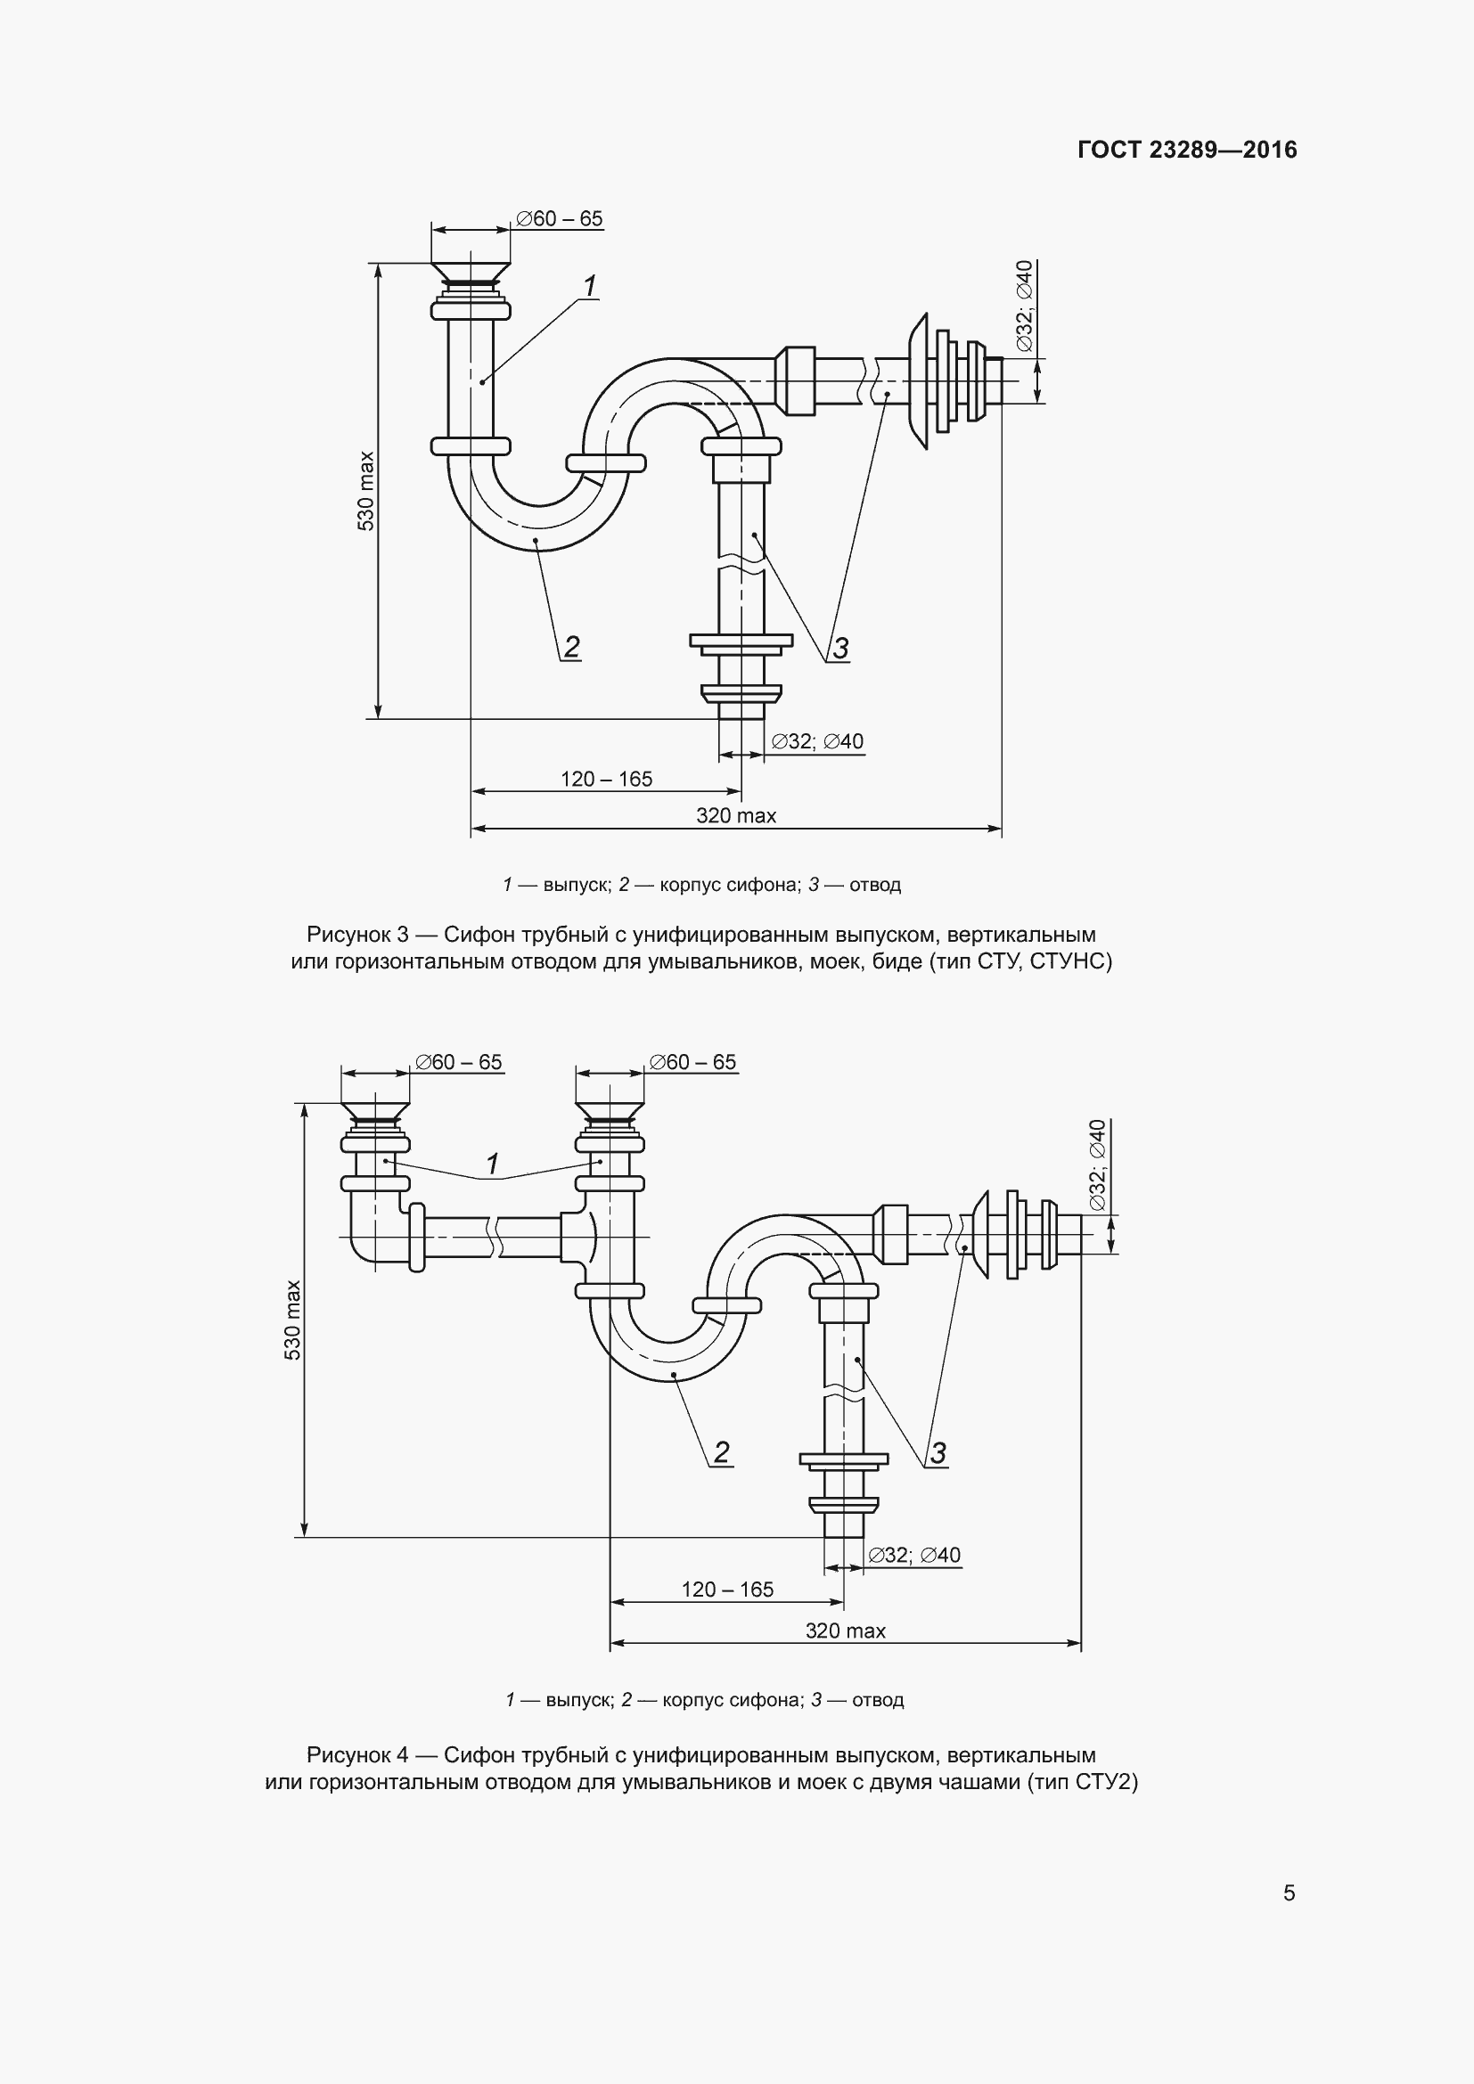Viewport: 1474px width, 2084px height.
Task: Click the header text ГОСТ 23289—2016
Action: point(1186,150)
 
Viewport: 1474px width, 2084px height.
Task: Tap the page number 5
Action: point(1289,1892)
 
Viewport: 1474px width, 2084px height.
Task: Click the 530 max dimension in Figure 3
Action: point(364,490)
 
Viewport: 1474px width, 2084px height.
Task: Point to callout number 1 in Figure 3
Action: point(590,287)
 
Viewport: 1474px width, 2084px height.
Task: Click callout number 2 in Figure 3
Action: point(572,647)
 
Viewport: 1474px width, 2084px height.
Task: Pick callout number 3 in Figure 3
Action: point(840,649)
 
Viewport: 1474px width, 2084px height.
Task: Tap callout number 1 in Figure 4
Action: point(493,1164)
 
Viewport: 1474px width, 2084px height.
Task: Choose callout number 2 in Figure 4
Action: point(722,1452)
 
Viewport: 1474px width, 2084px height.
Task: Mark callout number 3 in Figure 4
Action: point(938,1453)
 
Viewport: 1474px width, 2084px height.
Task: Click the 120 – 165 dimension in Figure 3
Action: point(606,779)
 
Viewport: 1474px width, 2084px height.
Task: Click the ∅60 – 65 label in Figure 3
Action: point(559,219)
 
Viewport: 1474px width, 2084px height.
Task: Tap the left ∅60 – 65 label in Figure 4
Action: point(458,1062)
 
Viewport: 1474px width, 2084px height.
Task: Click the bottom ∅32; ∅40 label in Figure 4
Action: point(914,1555)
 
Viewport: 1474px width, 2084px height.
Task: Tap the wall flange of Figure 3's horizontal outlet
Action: point(919,381)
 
